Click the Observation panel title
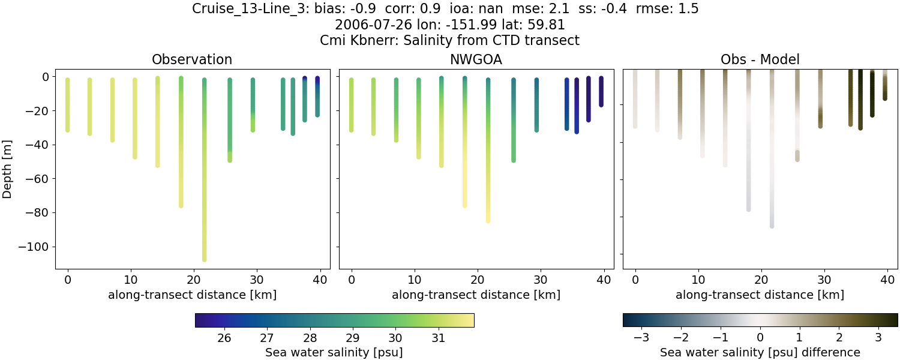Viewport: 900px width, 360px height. pyautogui.click(x=192, y=59)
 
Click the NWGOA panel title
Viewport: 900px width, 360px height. pyautogui.click(x=476, y=59)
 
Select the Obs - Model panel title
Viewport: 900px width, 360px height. pyautogui.click(x=760, y=59)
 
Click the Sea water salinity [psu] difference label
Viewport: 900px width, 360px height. pyautogui.click(x=760, y=352)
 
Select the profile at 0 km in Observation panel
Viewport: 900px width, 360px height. pyautogui.click(x=67, y=105)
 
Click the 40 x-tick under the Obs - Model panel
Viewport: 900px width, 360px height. pyautogui.click(x=887, y=279)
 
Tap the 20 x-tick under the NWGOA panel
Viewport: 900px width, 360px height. pyautogui.click(x=477, y=279)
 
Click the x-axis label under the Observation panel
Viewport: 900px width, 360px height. pyautogui.click(x=192, y=295)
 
